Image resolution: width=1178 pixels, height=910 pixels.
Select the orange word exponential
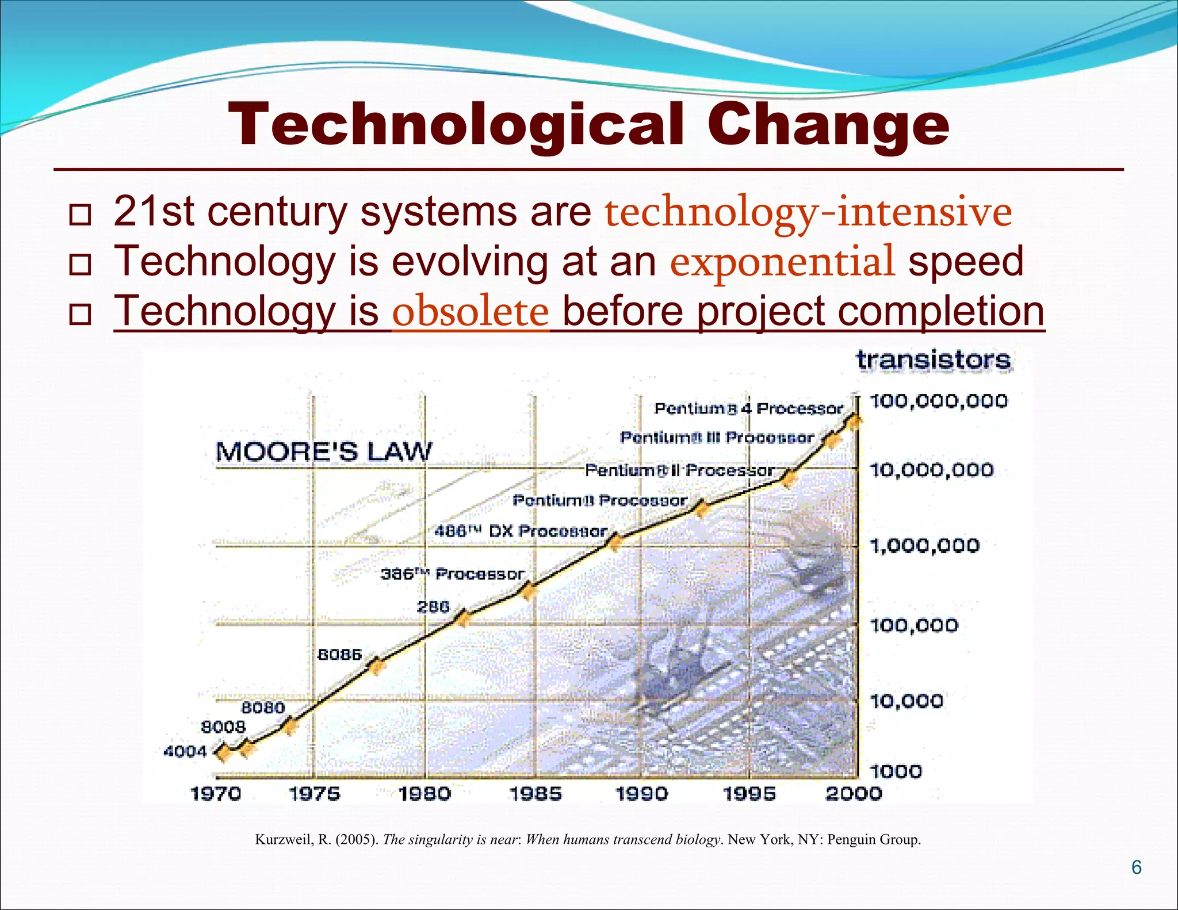click(782, 261)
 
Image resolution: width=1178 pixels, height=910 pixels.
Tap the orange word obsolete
click(471, 312)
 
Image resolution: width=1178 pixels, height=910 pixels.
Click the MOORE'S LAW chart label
click(323, 452)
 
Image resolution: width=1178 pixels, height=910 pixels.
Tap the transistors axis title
click(933, 360)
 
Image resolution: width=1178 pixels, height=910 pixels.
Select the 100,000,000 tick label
click(938, 401)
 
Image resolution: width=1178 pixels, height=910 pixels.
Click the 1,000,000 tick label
click(924, 545)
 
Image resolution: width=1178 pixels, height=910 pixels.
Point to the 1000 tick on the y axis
click(896, 771)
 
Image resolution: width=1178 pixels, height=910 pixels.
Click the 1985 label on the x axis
click(536, 794)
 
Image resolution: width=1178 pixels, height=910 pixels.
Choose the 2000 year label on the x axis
click(854, 794)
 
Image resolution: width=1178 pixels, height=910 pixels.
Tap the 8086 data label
click(339, 655)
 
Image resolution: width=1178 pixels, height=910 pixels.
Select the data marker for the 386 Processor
click(527, 590)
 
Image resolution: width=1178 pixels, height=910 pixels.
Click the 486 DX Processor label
click(521, 531)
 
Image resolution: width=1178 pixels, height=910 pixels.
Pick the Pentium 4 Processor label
click(748, 408)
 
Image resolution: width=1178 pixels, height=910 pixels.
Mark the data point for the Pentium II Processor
click(789, 477)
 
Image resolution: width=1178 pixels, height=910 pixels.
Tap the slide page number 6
click(1137, 867)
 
